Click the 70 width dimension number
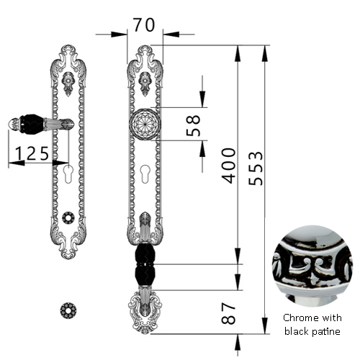(x=144, y=24)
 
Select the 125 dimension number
(x=32, y=153)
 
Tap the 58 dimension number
(x=193, y=125)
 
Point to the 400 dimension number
(x=228, y=166)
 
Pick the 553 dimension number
(x=256, y=168)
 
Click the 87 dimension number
(x=228, y=313)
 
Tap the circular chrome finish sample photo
(x=312, y=266)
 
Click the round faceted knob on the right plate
(x=145, y=124)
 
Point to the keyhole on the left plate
(x=68, y=174)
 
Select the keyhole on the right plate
(x=145, y=174)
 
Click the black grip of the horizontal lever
(x=31, y=124)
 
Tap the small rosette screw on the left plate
(x=68, y=217)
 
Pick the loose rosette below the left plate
(x=68, y=310)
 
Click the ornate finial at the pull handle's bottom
(x=145, y=312)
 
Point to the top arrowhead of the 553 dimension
(x=264, y=53)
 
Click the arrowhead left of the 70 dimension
(x=119, y=35)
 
